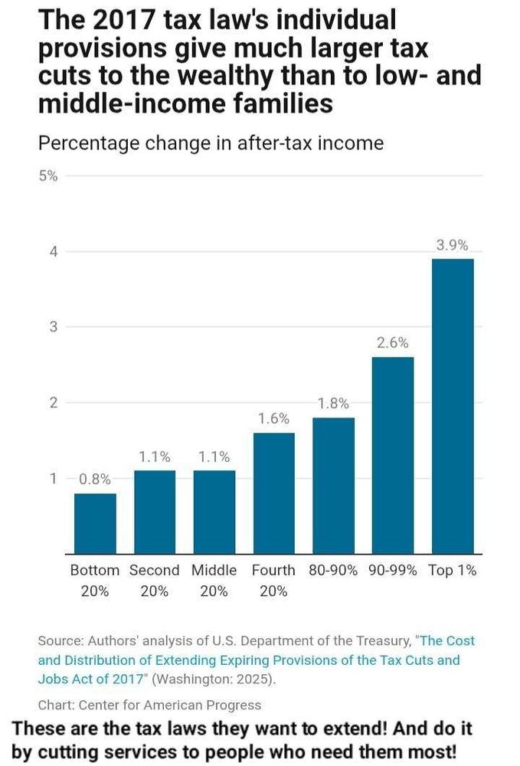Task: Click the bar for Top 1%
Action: click(x=453, y=405)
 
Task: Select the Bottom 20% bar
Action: click(x=95, y=522)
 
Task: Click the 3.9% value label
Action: click(x=453, y=246)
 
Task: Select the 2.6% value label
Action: click(x=393, y=343)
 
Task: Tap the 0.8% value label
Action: click(x=95, y=480)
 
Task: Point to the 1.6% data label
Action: click(x=273, y=419)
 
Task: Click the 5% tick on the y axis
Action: click(x=47, y=176)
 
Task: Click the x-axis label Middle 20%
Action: click(x=214, y=581)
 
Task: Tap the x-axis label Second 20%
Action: click(x=154, y=581)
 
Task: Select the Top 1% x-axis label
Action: click(x=453, y=571)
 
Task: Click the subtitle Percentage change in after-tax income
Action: click(x=211, y=143)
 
